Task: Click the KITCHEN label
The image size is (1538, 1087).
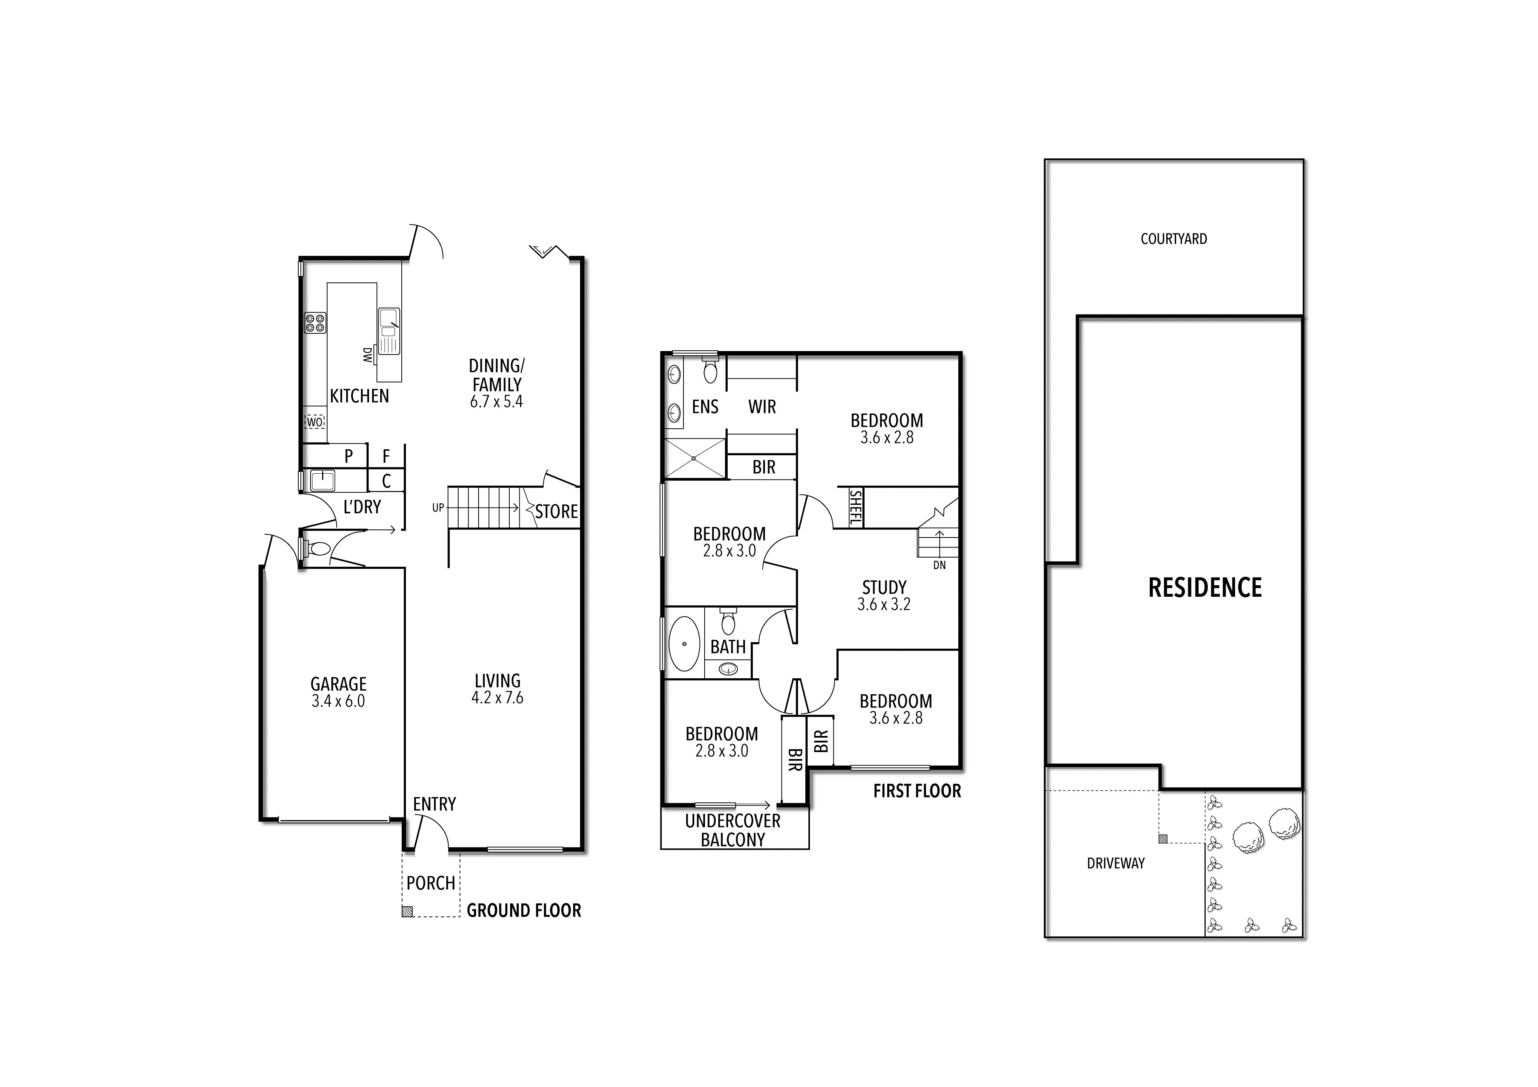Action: pos(359,396)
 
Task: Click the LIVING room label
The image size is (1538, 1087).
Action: pos(497,681)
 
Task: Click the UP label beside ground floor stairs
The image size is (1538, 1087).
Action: pos(438,508)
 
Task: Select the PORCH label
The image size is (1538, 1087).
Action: pos(431,883)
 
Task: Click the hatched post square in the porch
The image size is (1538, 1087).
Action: pos(407,911)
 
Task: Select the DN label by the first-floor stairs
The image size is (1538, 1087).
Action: pos(939,565)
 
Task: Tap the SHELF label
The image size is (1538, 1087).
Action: pos(855,508)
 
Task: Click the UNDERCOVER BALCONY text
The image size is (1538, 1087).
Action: pos(733,830)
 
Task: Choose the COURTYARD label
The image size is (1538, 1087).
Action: pos(1174,238)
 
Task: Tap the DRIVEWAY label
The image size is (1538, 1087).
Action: pos(1115,863)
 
